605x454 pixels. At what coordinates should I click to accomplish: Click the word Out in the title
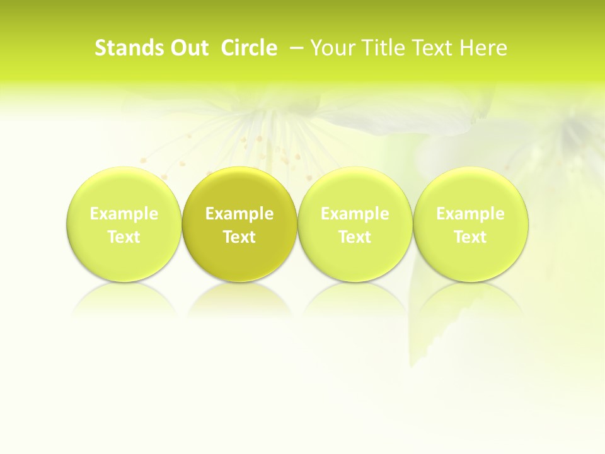[188, 48]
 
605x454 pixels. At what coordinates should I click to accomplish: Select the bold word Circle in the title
[249, 48]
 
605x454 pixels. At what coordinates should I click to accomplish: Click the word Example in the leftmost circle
[124, 214]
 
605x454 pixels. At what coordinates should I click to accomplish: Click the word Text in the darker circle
[239, 237]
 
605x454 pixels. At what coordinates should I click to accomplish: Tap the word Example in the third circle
[355, 214]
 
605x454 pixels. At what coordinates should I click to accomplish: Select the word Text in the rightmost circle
[471, 237]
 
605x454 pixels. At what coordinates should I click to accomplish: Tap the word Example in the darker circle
[239, 214]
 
